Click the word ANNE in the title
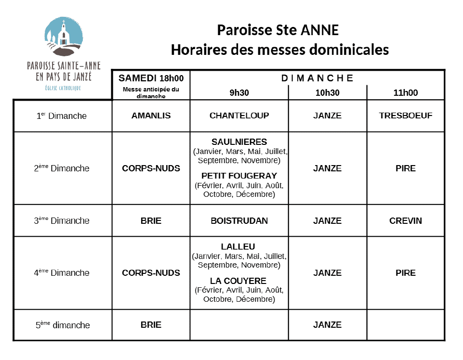(x=319, y=30)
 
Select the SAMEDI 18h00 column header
(x=151, y=78)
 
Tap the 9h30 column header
(x=239, y=93)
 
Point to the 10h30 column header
(x=328, y=93)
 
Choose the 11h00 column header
(x=406, y=93)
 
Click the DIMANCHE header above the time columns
(x=317, y=78)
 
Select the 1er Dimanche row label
(x=62, y=116)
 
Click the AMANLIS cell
(x=151, y=116)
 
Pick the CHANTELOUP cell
(x=239, y=116)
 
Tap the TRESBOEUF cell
(x=406, y=116)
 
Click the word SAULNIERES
(x=239, y=142)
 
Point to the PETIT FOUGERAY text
(x=239, y=176)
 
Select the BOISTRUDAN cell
(x=239, y=221)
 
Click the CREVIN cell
(x=406, y=221)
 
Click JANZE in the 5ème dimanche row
(x=328, y=325)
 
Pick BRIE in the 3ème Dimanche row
(x=151, y=221)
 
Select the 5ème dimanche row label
(x=63, y=325)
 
